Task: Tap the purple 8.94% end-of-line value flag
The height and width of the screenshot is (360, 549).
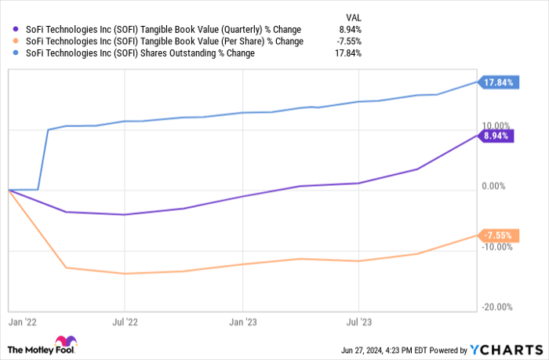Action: point(496,136)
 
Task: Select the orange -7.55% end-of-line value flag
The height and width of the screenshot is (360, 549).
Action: point(496,235)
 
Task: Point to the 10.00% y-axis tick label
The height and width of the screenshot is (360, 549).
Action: point(496,125)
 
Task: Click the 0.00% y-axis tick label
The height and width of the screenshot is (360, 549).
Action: point(497,186)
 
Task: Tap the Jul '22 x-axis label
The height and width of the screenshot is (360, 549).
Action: point(125,322)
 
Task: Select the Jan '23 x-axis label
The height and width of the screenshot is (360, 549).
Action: point(242,322)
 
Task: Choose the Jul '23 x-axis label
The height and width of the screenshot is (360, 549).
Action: point(358,322)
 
